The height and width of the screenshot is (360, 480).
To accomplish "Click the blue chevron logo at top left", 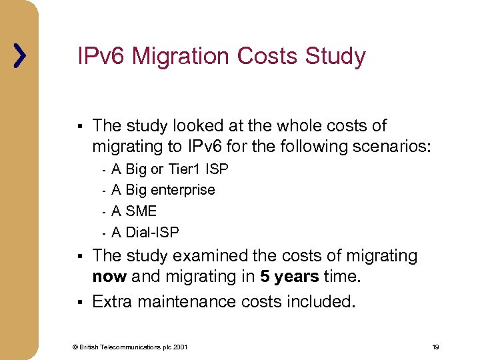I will [20, 56].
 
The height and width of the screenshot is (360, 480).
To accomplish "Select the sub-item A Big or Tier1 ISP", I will [169, 169].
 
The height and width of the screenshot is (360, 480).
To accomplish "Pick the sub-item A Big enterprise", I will [163, 190].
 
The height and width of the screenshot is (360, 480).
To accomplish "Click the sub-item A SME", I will [134, 211].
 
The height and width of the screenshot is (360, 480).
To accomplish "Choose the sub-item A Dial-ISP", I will [145, 232].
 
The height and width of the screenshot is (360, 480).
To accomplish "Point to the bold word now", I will [109, 277].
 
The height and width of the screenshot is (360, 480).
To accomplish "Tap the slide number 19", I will [435, 347].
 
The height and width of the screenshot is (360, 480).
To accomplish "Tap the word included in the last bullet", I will [321, 301].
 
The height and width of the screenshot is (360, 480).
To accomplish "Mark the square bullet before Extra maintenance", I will [79, 302].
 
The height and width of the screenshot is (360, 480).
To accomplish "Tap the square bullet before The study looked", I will [79, 126].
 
